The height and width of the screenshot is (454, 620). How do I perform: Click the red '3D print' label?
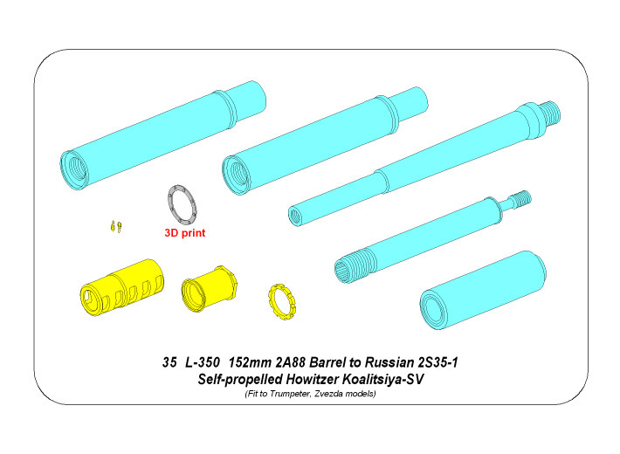click(x=185, y=233)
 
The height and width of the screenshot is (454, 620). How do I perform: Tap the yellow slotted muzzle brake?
click(x=122, y=287)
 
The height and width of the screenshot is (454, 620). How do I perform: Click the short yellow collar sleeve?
click(x=209, y=288)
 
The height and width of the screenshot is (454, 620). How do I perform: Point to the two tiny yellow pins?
click(x=115, y=226)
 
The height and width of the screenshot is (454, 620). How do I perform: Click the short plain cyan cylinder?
click(x=483, y=290)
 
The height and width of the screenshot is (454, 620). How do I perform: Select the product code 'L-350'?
click(x=202, y=362)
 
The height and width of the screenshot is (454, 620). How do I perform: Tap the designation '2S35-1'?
click(x=436, y=362)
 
